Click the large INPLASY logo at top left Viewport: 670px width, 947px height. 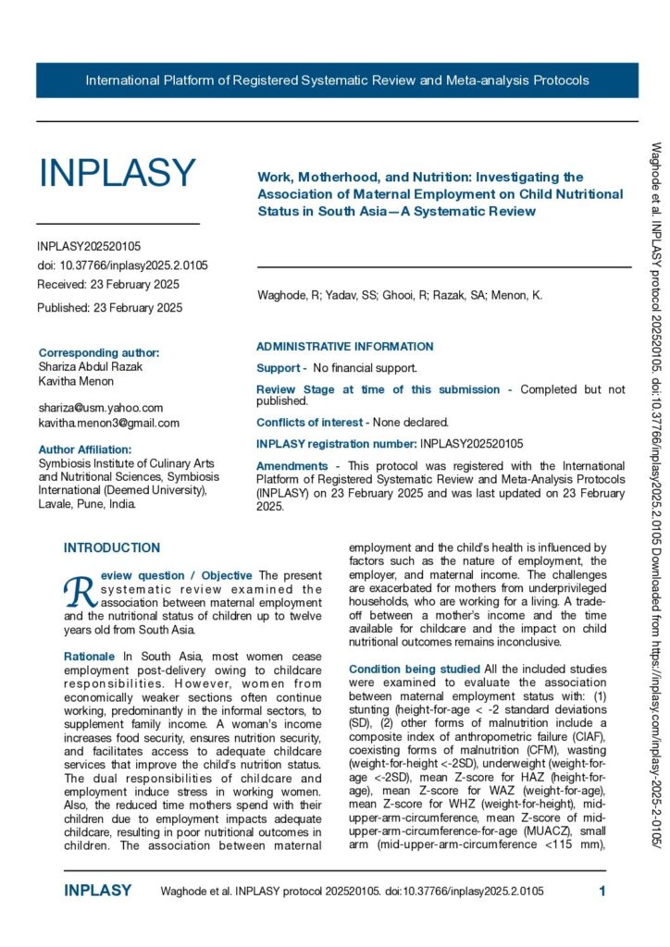(117, 173)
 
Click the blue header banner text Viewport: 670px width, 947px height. (337, 80)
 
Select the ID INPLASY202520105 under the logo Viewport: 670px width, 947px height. (89, 246)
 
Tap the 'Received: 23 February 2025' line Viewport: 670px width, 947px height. (108, 284)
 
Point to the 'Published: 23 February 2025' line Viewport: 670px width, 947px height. (109, 307)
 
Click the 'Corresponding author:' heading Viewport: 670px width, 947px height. (99, 352)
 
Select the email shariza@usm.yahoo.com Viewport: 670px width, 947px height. (101, 407)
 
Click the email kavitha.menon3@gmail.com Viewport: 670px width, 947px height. (109, 423)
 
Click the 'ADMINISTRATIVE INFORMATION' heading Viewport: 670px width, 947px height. (344, 347)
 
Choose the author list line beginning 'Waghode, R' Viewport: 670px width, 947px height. (399, 296)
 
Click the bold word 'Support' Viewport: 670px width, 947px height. (278, 368)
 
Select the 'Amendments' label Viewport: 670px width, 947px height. (292, 465)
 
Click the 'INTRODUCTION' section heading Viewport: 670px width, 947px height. (112, 548)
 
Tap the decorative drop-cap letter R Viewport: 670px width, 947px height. (78, 588)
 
